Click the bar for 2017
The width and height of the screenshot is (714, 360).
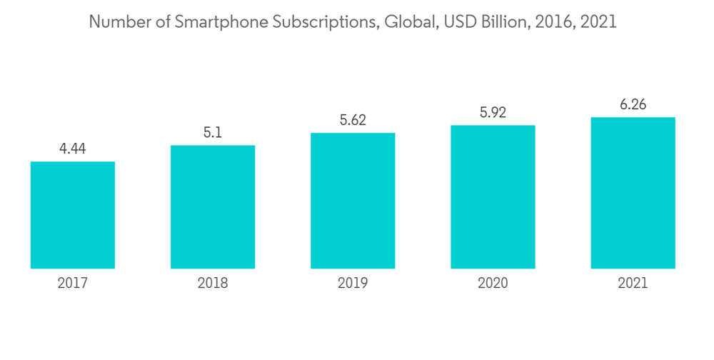pos(73,215)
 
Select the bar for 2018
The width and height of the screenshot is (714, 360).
pos(213,207)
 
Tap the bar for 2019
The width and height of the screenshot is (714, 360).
pos(353,201)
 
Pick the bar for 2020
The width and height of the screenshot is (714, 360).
pos(493,197)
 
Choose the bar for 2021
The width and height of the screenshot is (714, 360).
pos(633,193)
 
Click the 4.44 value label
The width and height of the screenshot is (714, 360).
pos(73,149)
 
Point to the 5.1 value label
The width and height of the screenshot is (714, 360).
pos(213,133)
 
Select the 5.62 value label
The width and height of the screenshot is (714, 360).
pos(353,120)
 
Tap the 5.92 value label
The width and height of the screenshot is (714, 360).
pos(493,112)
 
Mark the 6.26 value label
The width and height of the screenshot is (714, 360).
pos(633,104)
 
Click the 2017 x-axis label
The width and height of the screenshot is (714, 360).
pos(73,284)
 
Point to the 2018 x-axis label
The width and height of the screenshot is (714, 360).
pos(213,284)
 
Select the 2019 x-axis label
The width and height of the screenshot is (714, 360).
pos(353,284)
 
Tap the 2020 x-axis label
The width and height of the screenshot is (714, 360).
pos(493,284)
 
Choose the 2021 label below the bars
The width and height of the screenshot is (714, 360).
pos(633,284)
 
